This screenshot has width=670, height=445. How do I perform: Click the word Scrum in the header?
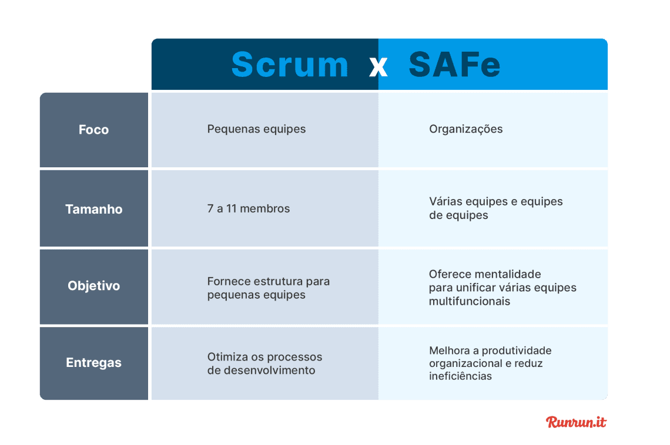(x=290, y=65)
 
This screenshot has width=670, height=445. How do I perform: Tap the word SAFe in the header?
(x=454, y=65)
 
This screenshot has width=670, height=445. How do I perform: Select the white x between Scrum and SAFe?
(x=378, y=67)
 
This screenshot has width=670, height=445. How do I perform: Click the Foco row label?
(x=93, y=130)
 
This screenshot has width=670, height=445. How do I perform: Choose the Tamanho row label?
(x=93, y=209)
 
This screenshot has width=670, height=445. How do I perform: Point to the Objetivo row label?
(x=93, y=286)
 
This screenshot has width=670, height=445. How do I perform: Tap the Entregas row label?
(x=93, y=363)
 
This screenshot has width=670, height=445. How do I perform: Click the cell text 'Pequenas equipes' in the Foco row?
(x=256, y=129)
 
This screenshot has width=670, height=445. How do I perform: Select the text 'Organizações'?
(x=465, y=129)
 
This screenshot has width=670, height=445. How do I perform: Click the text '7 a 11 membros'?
(x=248, y=208)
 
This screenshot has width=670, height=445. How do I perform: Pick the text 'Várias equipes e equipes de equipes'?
(x=495, y=208)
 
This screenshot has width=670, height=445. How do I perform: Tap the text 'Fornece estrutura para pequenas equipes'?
(x=268, y=288)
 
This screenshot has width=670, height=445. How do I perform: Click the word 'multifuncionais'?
(x=469, y=301)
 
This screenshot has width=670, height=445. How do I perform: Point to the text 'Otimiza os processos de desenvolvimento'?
(x=264, y=363)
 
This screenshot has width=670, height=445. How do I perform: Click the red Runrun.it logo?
(x=576, y=422)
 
